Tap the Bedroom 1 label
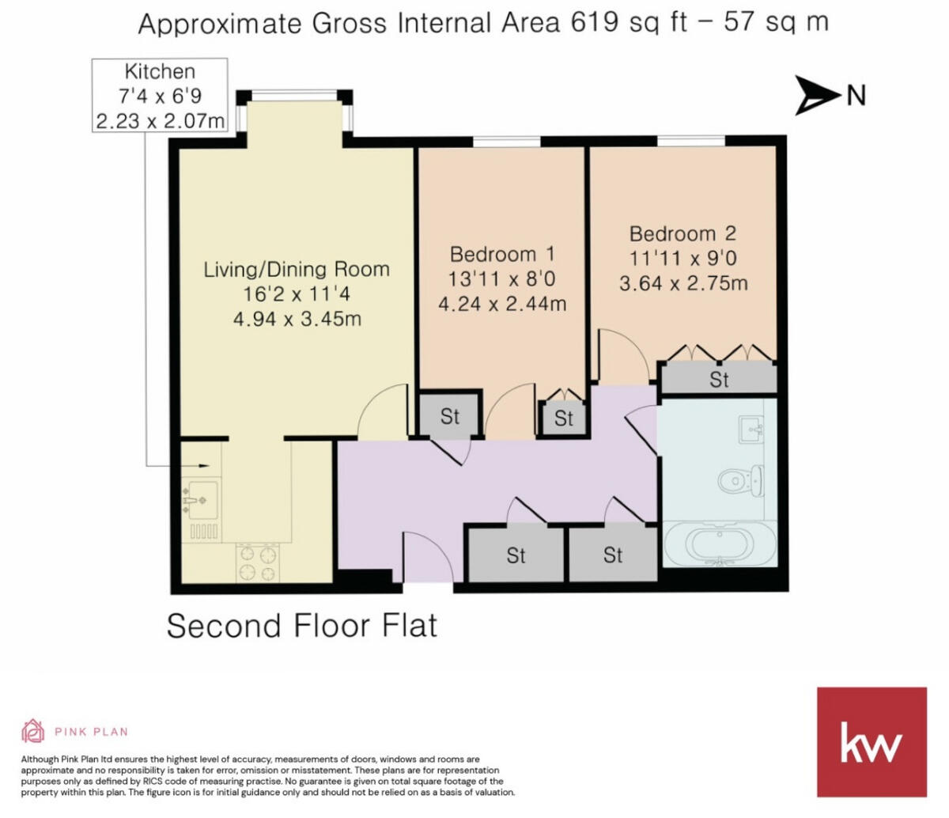click(x=502, y=254)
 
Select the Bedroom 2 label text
click(x=682, y=233)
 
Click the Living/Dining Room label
click(x=297, y=269)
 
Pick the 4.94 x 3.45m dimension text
click(x=297, y=319)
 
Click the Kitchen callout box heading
click(x=160, y=72)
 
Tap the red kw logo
click(x=871, y=742)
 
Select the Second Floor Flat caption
click(x=301, y=626)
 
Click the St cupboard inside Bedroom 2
click(x=718, y=379)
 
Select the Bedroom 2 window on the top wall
click(x=690, y=141)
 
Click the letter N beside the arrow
click(x=856, y=96)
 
